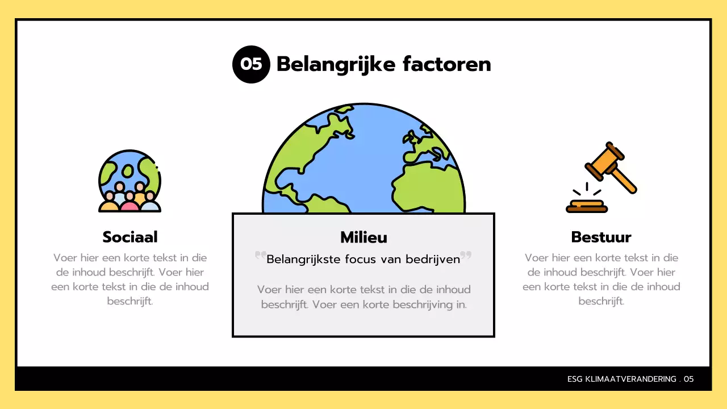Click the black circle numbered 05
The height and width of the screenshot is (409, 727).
click(250, 64)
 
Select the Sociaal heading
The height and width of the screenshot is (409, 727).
click(130, 237)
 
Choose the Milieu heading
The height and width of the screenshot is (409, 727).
click(363, 237)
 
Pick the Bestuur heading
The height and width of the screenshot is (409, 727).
click(601, 237)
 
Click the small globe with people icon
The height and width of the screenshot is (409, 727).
click(129, 181)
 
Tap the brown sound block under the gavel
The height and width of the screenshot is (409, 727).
click(587, 207)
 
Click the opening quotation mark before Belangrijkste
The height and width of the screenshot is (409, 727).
click(261, 256)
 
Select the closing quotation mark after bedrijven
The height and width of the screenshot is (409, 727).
click(466, 256)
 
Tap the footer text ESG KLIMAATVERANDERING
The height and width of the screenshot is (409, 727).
click(621, 379)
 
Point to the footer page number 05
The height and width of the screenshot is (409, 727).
click(688, 379)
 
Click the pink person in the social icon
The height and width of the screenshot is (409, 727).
click(129, 202)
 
